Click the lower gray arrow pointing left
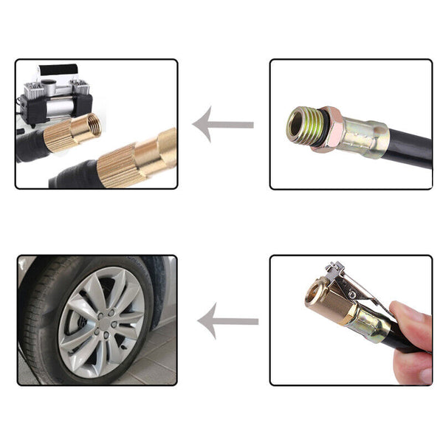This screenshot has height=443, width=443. click(x=227, y=321)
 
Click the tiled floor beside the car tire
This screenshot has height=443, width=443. click(x=159, y=362)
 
